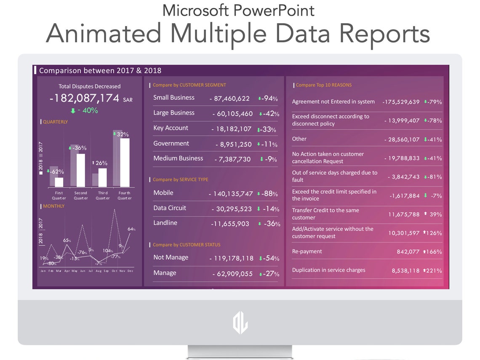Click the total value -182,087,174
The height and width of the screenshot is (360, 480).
pos(84,99)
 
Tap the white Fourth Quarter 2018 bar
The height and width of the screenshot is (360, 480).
pos(125,162)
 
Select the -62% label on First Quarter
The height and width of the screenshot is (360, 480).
pos(56,172)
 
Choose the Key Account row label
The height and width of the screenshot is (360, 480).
pos(171,128)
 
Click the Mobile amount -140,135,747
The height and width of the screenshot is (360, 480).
pos(231,194)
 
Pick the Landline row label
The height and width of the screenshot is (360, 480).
pos(165,223)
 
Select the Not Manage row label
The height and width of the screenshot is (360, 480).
pos(171,257)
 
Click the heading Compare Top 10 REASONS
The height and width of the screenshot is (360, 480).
pos(323,85)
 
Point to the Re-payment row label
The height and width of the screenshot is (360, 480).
pos(307,251)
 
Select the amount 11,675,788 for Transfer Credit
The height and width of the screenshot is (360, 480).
pos(404,214)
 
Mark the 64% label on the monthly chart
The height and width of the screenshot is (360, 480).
pos(131,229)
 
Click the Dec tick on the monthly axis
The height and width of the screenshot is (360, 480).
pos(130,271)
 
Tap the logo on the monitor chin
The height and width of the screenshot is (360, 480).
pos(240,323)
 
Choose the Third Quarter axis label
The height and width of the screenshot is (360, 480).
pos(103,195)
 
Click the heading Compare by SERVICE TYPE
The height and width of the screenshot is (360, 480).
pos(180,179)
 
